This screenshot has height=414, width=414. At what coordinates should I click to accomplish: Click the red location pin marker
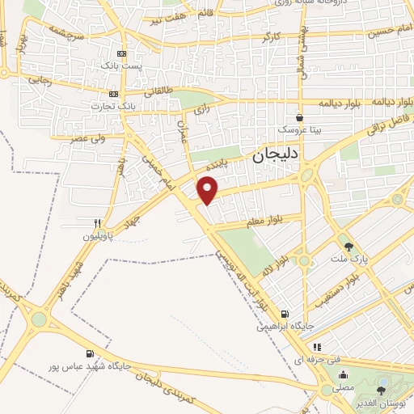point(208,190)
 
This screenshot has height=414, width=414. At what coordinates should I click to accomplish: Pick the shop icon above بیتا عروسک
point(299,116)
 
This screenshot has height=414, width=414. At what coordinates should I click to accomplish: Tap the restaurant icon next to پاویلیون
point(98,224)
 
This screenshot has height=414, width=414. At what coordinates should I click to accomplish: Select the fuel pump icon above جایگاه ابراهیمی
point(283,315)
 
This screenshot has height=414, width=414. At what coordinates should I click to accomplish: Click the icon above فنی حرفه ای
point(317,347)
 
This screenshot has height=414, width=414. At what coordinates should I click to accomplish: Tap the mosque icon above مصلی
point(343,374)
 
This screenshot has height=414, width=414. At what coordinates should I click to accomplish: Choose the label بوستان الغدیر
point(381,404)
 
